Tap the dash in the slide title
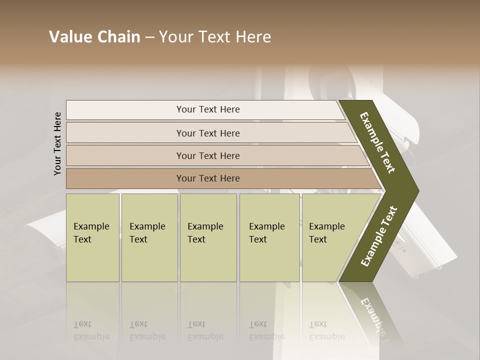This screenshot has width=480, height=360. [149, 37]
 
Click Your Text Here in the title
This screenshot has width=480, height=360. [215, 37]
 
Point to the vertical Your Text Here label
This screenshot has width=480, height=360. [57, 143]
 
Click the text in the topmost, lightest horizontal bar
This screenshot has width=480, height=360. [208, 109]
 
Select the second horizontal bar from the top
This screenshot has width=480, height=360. [208, 133]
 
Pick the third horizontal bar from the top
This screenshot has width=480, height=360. [208, 156]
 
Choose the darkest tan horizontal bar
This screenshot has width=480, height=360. [208, 178]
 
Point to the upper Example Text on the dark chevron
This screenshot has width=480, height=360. [378, 142]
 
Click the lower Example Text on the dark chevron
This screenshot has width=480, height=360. [379, 236]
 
